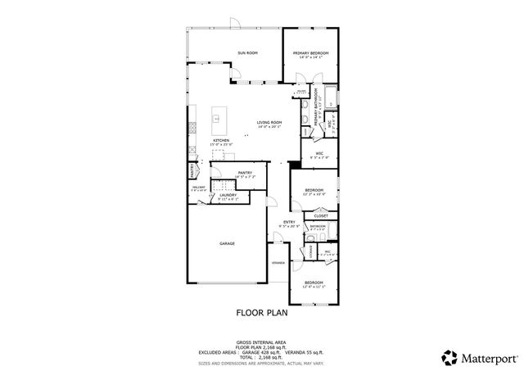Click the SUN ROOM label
248,53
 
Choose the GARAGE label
227,243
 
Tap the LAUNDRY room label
228,195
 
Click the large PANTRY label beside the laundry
245,173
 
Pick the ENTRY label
289,221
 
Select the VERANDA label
278,263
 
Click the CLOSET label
321,216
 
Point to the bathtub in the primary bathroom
329,98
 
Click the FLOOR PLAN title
261,312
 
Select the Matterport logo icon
449,357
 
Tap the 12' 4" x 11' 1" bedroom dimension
314,287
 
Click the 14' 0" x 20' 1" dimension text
269,128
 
